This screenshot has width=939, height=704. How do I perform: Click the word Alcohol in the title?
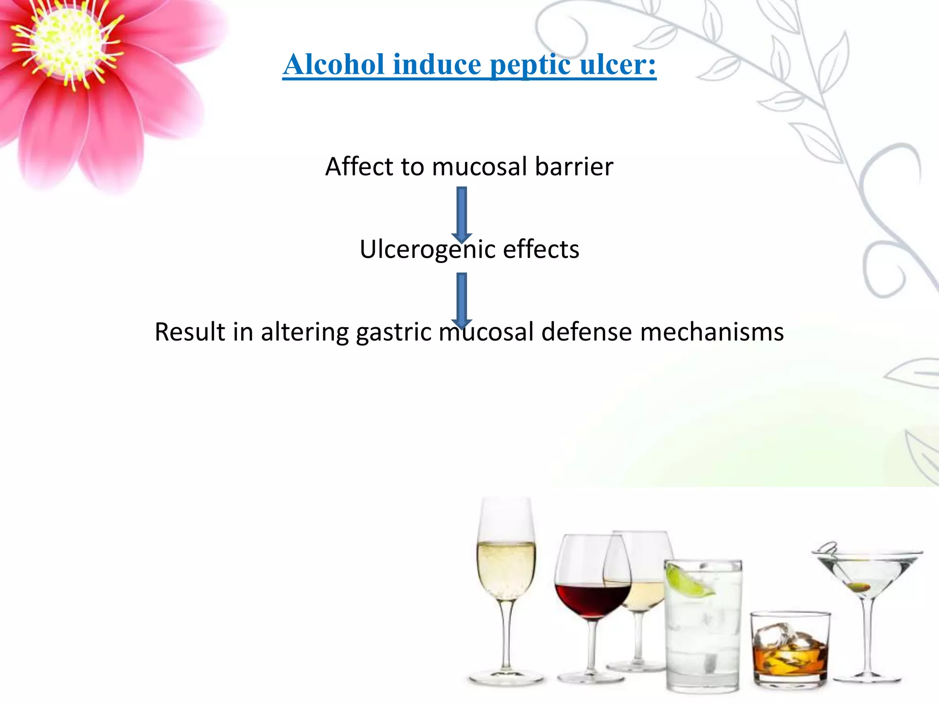pos(334,64)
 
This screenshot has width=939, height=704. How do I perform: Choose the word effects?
pos(541,249)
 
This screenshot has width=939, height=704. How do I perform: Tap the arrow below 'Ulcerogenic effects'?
pos(462,299)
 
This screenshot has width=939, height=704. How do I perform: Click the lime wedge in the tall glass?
pos(687,581)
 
